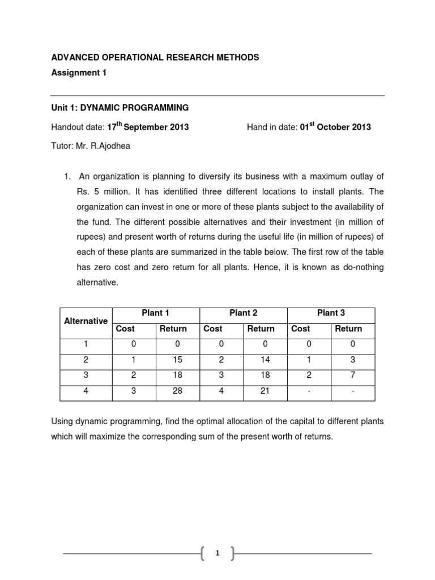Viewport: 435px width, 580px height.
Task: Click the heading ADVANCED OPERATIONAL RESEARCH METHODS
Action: point(155,57)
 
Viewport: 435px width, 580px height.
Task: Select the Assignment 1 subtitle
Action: point(79,72)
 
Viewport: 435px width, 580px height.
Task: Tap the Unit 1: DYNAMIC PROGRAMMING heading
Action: point(120,108)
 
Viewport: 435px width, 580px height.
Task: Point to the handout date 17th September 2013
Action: point(148,126)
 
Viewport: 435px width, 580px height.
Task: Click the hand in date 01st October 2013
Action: point(335,126)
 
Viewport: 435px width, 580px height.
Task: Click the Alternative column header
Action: point(86,321)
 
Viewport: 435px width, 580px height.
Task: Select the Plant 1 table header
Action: point(156,313)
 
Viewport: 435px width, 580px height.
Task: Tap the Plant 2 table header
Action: point(244,313)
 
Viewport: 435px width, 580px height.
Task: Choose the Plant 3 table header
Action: point(331,313)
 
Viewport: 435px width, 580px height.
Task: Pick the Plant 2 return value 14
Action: point(265,360)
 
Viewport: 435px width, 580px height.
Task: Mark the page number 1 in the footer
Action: point(217,554)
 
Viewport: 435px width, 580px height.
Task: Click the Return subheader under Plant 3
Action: point(348,329)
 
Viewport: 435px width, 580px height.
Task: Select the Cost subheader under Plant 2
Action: point(213,329)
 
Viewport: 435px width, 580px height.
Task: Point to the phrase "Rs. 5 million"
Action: point(101,191)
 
